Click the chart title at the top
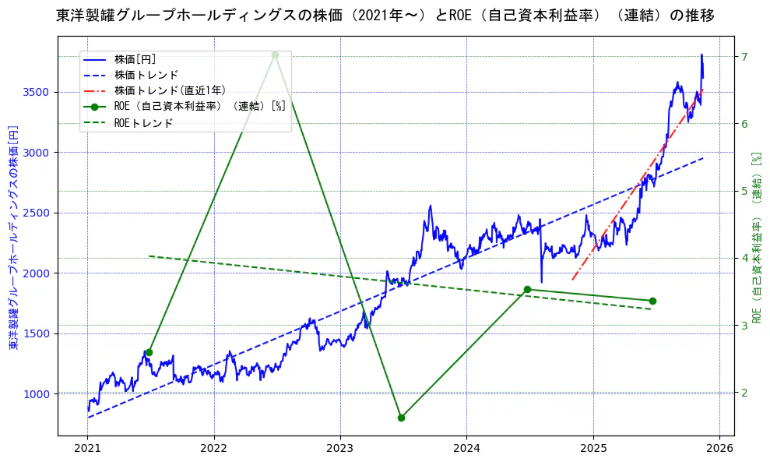pos(385,16)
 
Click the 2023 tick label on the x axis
pos(340,449)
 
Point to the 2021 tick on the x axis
pos(87,449)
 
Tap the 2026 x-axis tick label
pos(719,449)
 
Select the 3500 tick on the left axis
pos(36,92)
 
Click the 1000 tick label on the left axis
pos(36,393)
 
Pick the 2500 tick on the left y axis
pos(36,213)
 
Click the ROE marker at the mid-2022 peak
pos(275,55)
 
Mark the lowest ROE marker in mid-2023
pos(401,418)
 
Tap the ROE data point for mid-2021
pos(149,352)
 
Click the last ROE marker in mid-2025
pos(652,301)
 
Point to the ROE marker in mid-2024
pos(527,289)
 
